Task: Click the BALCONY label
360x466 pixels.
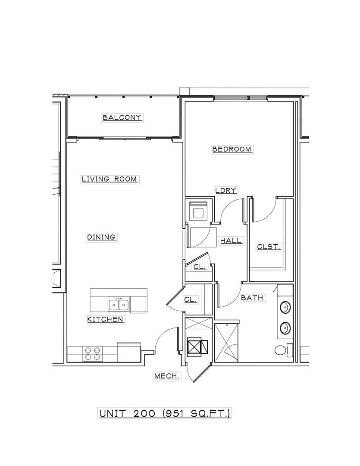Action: (122, 117)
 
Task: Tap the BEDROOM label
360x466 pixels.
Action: (232, 149)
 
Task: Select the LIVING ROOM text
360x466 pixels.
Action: (110, 179)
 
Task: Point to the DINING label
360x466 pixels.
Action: (102, 237)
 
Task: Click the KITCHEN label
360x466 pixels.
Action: (106, 319)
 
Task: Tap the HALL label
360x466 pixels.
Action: (231, 241)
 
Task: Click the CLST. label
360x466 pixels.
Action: (269, 247)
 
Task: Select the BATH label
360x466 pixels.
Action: (252, 298)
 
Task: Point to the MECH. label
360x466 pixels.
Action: (167, 376)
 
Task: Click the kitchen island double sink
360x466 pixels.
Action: (119, 304)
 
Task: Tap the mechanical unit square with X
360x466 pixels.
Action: (194, 347)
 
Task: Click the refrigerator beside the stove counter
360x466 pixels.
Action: (128, 353)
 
